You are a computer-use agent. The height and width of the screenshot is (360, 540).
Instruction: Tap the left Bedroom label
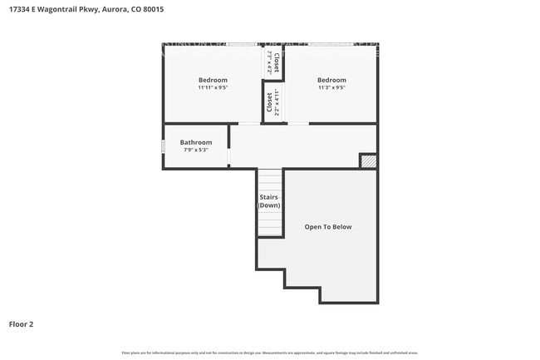213,80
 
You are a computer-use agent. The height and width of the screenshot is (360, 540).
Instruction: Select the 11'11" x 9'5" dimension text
213,87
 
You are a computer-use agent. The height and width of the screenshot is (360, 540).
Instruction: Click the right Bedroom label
331,80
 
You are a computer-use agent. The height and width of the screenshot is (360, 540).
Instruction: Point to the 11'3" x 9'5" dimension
331,87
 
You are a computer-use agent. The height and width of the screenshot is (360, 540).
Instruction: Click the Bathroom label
195,142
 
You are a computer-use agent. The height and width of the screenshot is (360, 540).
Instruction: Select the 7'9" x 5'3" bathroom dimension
195,150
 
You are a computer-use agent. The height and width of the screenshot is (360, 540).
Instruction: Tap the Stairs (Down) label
269,200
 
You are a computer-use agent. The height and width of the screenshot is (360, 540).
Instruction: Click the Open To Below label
328,226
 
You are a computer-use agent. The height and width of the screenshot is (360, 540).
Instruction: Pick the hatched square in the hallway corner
368,161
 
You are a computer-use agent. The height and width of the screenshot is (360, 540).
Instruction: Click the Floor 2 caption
22,323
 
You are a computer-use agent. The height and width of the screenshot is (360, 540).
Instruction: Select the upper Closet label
277,60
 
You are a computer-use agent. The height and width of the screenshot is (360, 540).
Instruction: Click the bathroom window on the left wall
163,146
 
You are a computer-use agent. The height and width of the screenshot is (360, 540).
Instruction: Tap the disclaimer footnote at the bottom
270,353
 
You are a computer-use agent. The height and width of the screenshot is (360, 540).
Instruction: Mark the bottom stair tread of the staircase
269,233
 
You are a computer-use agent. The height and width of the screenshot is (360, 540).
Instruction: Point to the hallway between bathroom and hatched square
295,146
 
